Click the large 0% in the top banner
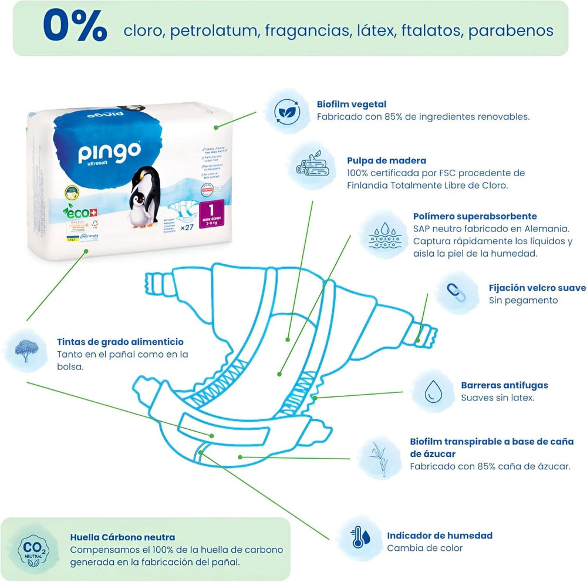[x=75, y=28]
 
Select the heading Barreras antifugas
[x=504, y=385]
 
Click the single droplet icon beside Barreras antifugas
[x=433, y=391]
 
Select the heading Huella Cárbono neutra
[x=122, y=537]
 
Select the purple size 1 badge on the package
[x=214, y=212]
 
